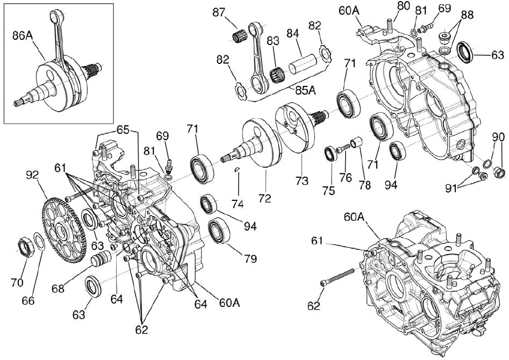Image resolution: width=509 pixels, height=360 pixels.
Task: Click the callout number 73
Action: [x=303, y=181]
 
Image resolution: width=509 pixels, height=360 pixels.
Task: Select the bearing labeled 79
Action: [x=219, y=231]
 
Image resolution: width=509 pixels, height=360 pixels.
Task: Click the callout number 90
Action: [x=498, y=137]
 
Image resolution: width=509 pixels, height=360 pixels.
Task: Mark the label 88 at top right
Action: [x=468, y=15]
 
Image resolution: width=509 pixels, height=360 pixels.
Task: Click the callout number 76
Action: [x=346, y=176]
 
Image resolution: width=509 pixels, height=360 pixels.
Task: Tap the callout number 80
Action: [x=403, y=6]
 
